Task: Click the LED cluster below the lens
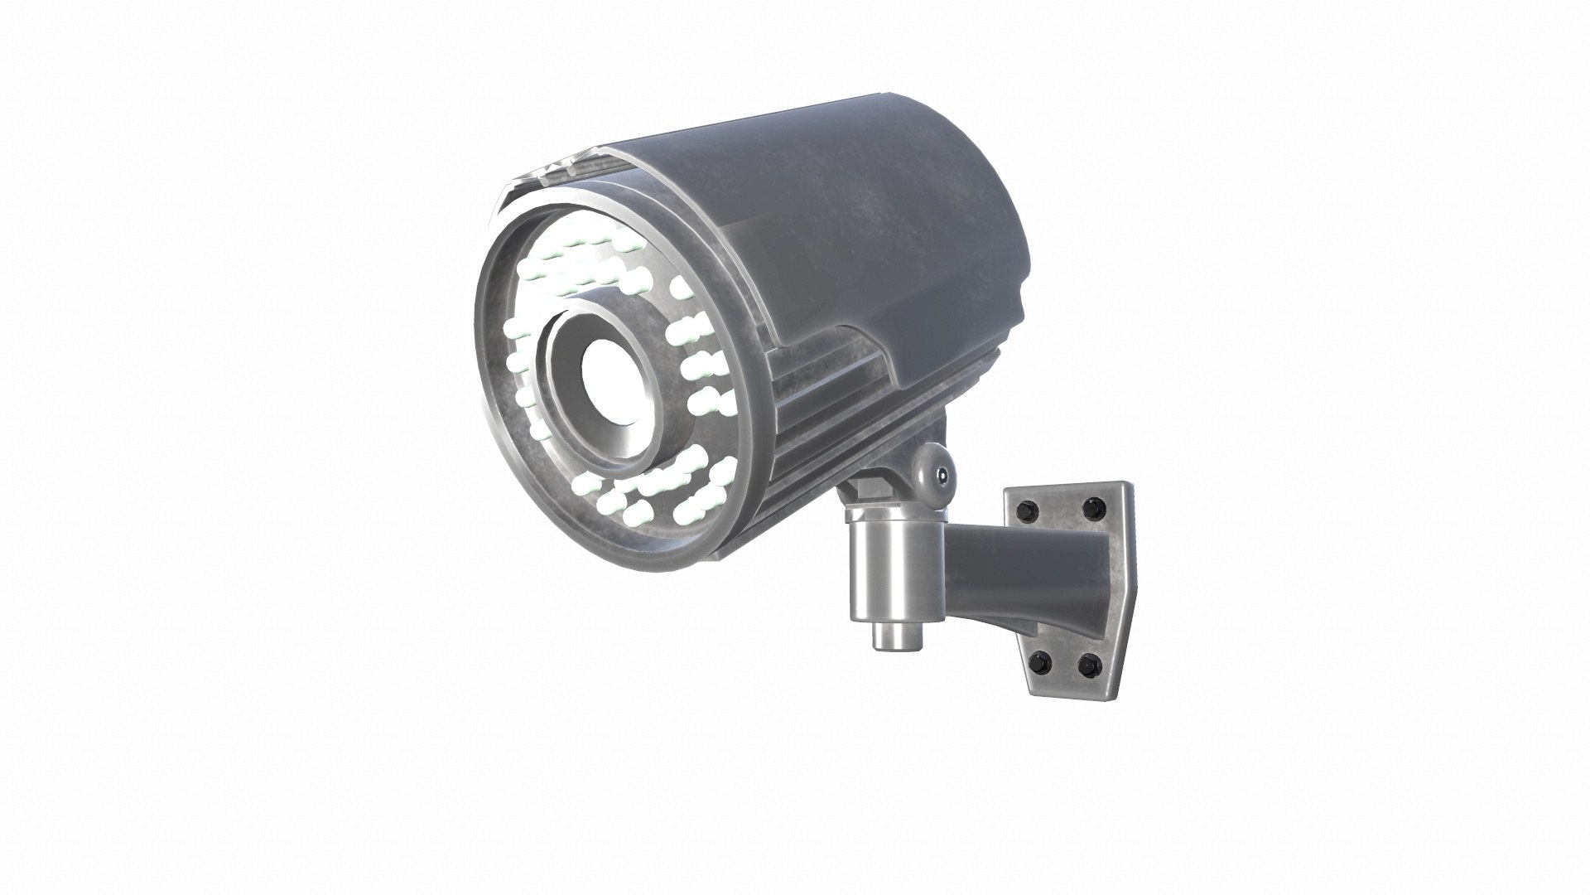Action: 654,493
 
